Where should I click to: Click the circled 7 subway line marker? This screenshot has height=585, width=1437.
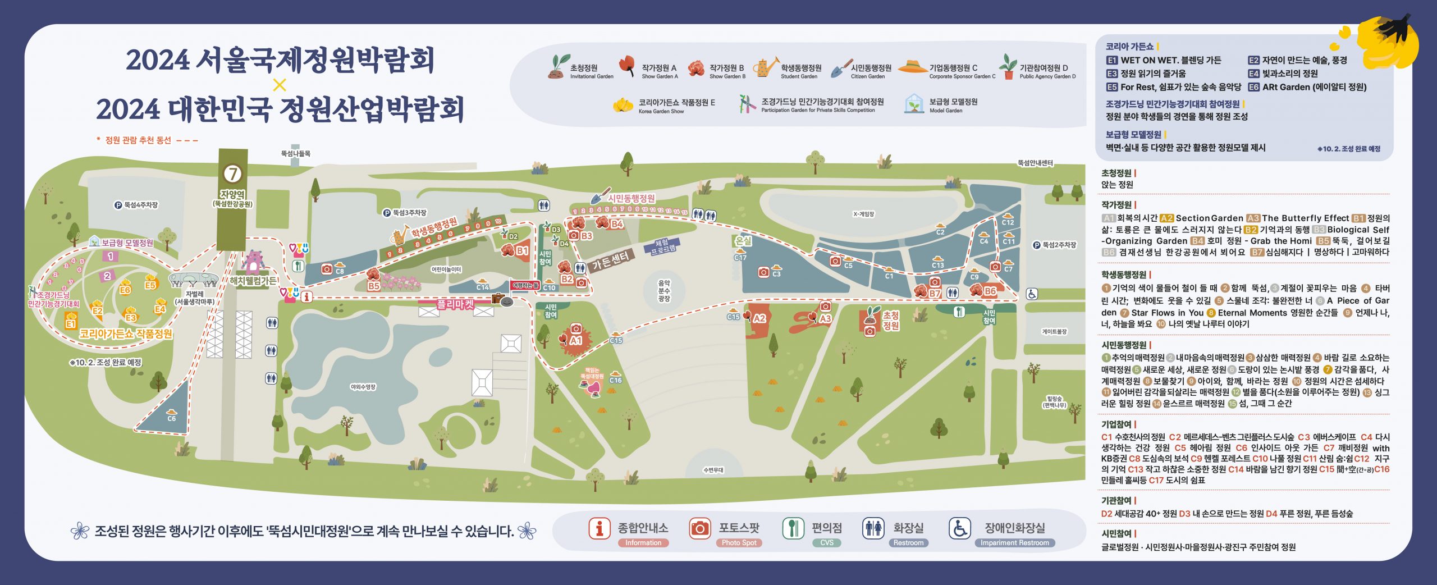[x=232, y=173]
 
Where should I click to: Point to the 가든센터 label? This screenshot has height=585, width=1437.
[x=611, y=259]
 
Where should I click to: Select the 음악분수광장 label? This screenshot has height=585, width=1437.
[x=664, y=291]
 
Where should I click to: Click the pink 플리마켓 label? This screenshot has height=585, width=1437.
[x=455, y=305]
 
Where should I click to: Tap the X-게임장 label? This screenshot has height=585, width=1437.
[x=863, y=214]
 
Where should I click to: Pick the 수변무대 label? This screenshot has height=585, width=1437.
[x=713, y=470]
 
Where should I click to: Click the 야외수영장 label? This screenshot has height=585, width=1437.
[x=363, y=387]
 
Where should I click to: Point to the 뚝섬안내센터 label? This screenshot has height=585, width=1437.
[x=1035, y=163]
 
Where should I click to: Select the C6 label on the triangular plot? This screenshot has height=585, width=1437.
[x=171, y=418]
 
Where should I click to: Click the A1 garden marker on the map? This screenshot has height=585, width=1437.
[x=575, y=341]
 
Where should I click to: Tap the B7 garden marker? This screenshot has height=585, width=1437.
[x=934, y=293]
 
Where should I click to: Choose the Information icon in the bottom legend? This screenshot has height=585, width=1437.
[x=599, y=528]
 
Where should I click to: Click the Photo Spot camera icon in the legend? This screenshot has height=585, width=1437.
[x=699, y=528]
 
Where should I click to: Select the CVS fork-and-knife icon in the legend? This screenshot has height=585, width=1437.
[x=793, y=528]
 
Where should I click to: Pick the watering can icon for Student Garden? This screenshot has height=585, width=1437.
[x=765, y=68]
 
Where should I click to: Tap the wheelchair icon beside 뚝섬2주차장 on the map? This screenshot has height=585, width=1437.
[x=1032, y=294]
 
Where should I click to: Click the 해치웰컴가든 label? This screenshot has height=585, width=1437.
[x=253, y=281]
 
